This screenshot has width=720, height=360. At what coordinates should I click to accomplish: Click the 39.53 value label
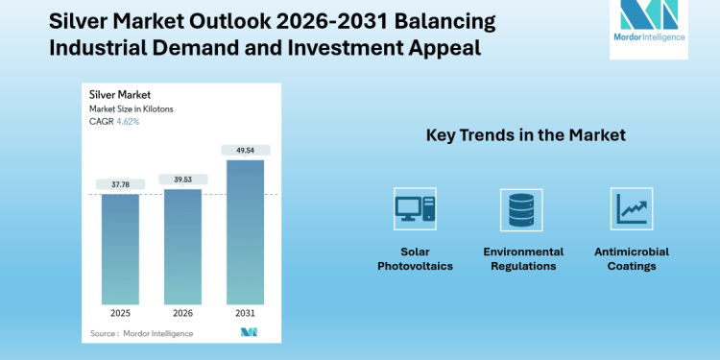[x=182, y=179]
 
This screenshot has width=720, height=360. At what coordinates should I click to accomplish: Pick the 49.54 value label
[x=245, y=150]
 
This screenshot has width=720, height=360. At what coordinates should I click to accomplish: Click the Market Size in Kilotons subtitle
[x=131, y=109]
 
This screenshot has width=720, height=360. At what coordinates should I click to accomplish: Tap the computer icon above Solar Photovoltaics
[x=414, y=208]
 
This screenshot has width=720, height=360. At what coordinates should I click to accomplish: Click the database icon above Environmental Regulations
[x=521, y=208]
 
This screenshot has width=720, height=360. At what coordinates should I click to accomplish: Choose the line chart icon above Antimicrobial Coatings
[x=631, y=208]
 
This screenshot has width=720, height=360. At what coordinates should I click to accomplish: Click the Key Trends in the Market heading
[x=525, y=136]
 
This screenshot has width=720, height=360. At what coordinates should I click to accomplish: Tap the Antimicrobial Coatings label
[x=631, y=258]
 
